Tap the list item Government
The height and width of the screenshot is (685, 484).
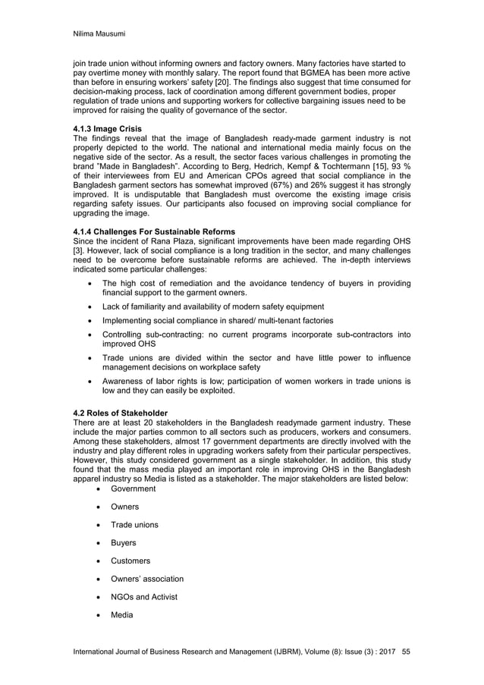134,489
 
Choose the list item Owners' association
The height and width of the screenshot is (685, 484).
147,579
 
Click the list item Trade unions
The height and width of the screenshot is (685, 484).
135,525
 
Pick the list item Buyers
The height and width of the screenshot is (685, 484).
124,543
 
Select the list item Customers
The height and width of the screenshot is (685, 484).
130,561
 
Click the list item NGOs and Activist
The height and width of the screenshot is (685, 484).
144,597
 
